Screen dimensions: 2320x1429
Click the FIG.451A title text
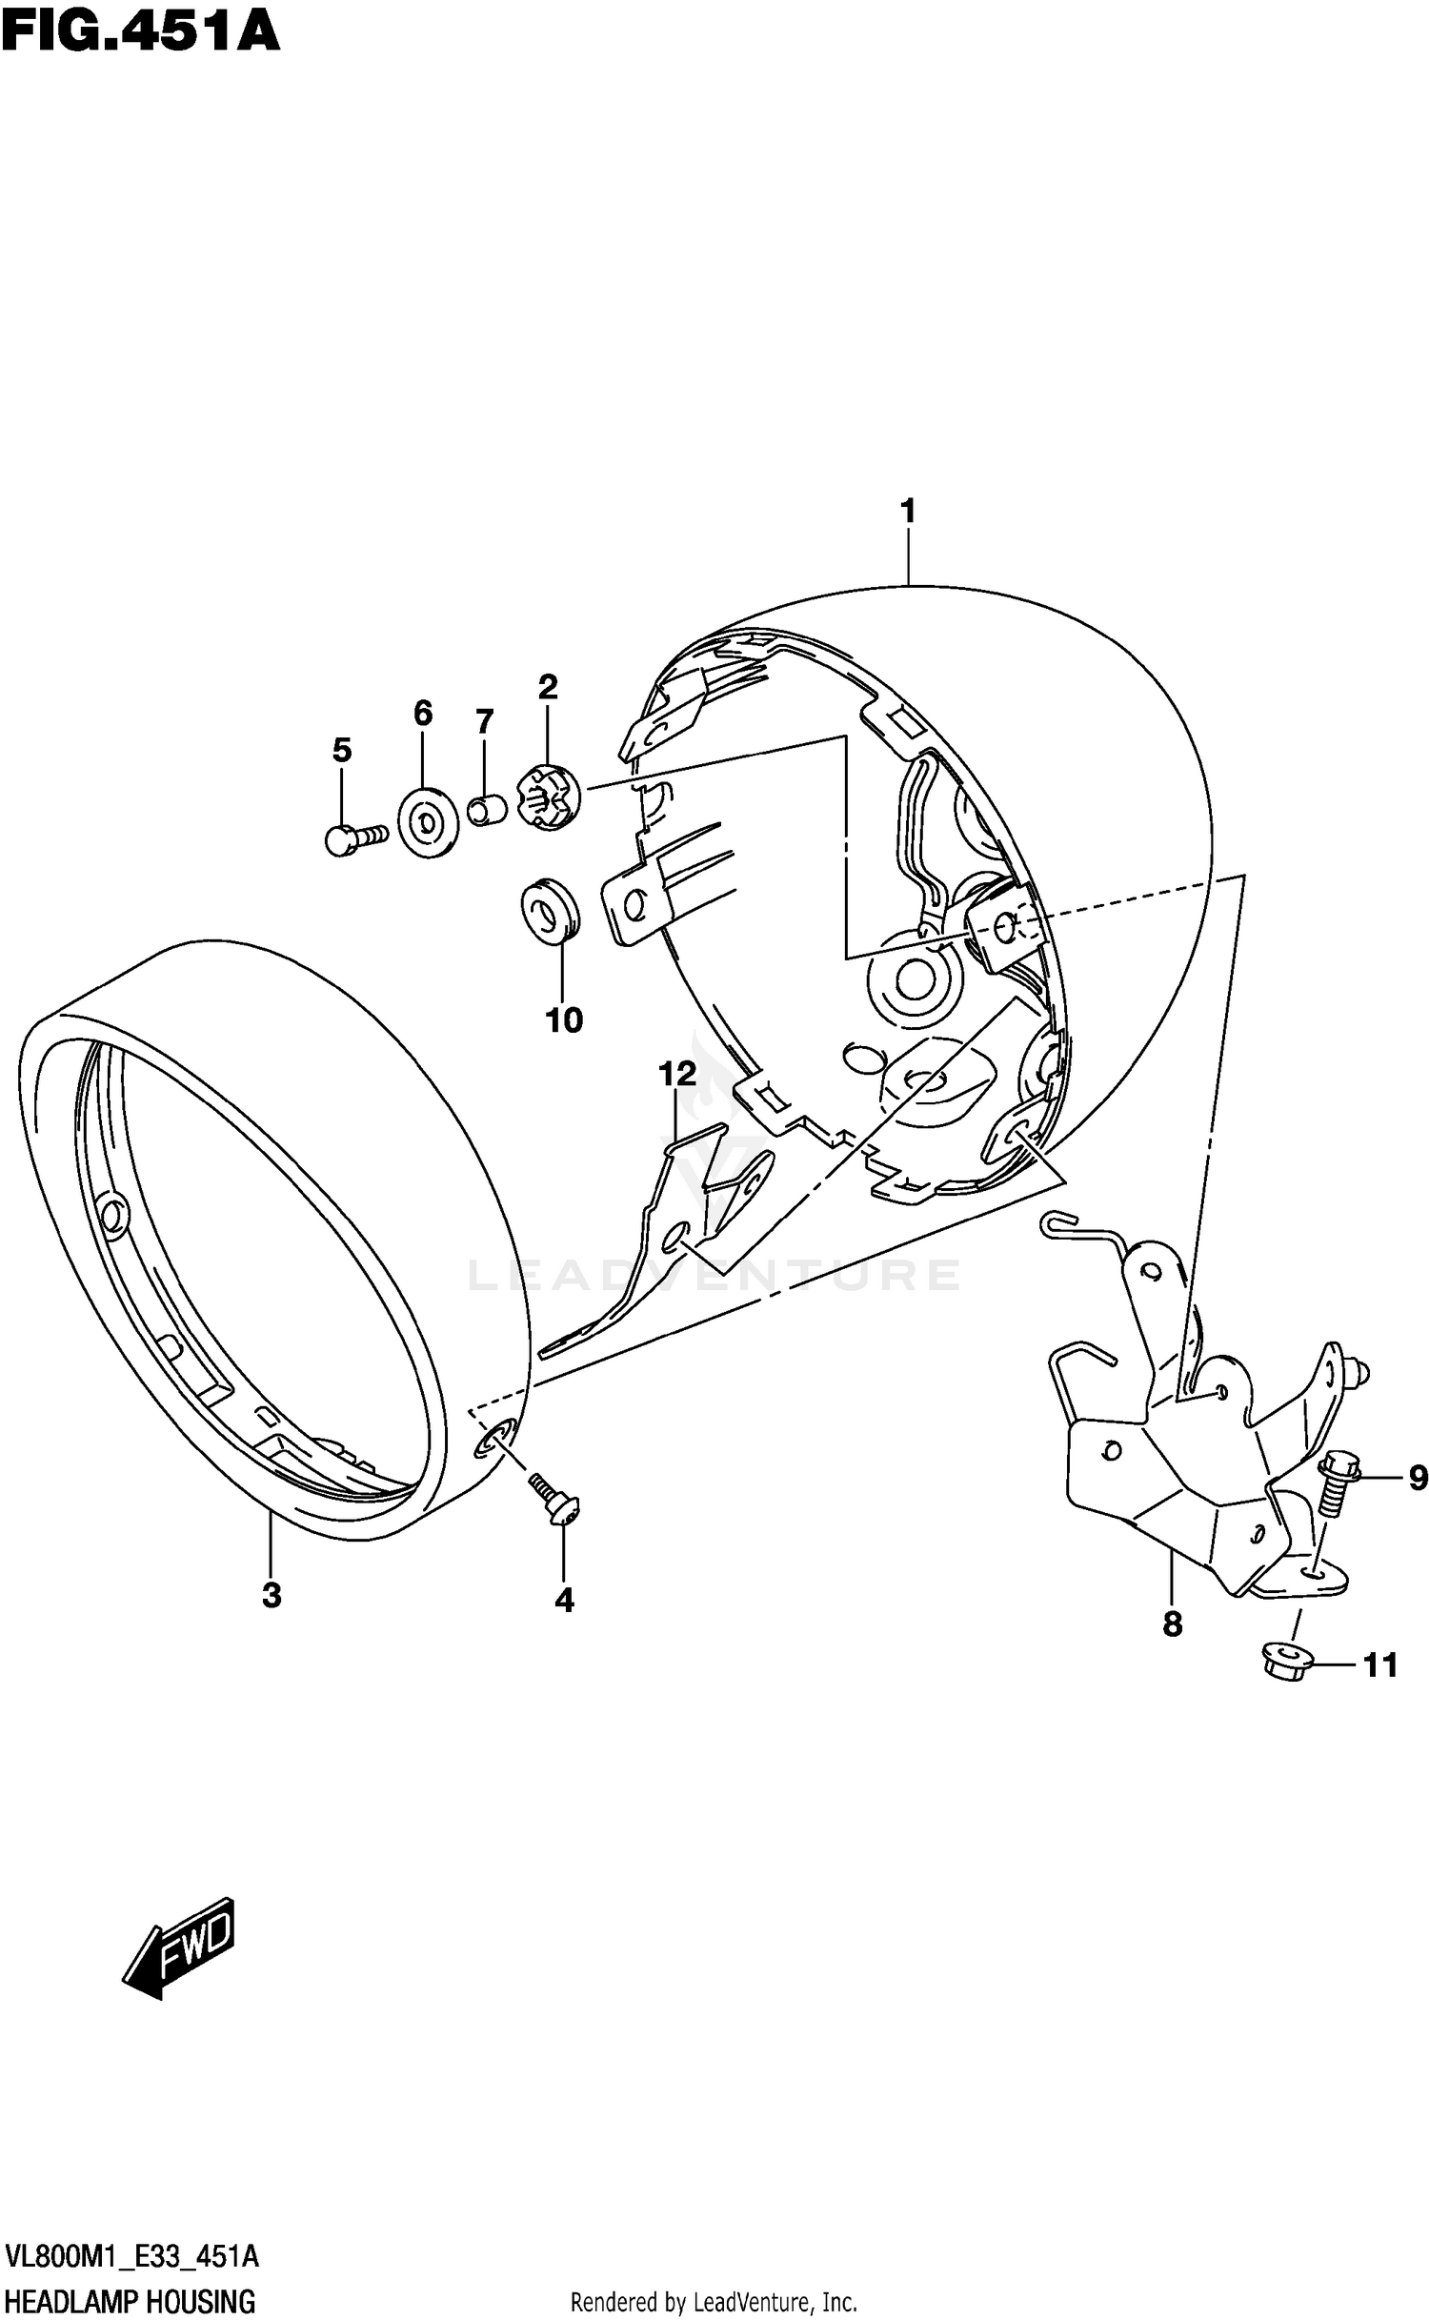(140, 32)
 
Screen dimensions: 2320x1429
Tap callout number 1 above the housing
(908, 512)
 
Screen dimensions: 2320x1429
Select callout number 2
(547, 687)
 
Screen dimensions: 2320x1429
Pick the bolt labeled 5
(353, 838)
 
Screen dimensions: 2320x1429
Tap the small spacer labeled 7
(488, 812)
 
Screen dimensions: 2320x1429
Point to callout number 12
(677, 1075)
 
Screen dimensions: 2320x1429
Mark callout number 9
(1418, 1479)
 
